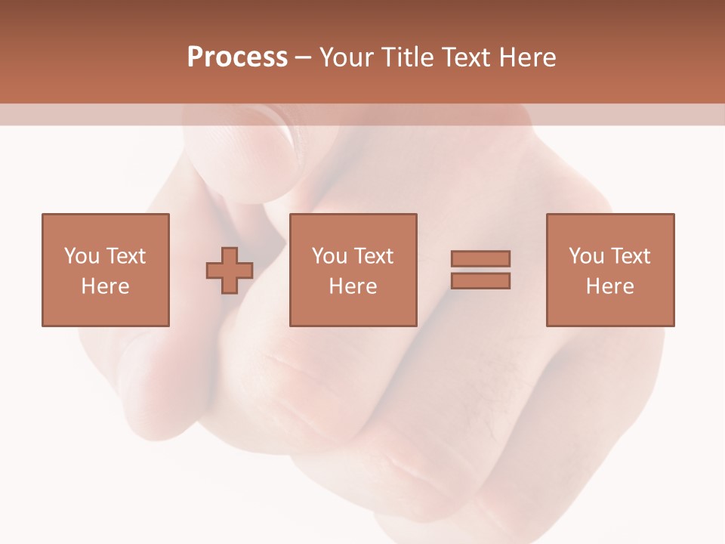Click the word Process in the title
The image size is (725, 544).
click(x=237, y=57)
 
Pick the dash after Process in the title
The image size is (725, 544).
click(x=304, y=58)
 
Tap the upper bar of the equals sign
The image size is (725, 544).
click(x=480, y=258)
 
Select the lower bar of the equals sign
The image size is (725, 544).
click(x=480, y=281)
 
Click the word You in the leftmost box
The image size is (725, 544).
click(x=82, y=256)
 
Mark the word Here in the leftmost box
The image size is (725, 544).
click(x=105, y=286)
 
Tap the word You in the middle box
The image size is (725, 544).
click(x=329, y=256)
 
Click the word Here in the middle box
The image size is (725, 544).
click(x=353, y=286)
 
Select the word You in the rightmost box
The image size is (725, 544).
click(x=586, y=256)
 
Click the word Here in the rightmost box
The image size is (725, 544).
click(x=609, y=286)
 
